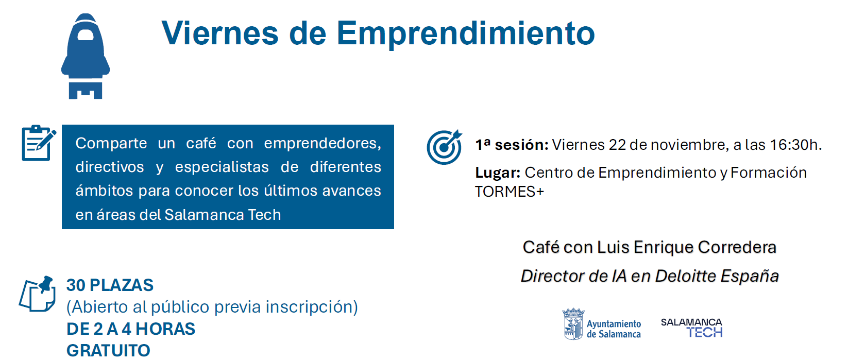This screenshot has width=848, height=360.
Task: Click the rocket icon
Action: tap(86, 56)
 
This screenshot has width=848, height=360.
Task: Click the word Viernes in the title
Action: tap(220, 33)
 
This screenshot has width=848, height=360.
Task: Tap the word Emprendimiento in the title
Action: tap(466, 33)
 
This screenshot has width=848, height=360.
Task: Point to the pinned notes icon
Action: tap(38, 294)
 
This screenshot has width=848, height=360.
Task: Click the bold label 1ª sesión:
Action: tap(512, 145)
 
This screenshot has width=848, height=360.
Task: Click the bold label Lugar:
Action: tap(498, 173)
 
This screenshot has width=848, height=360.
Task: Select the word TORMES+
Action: tap(509, 192)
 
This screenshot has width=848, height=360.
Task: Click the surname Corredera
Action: tap(737, 247)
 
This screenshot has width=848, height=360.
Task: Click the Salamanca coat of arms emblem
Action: tap(573, 323)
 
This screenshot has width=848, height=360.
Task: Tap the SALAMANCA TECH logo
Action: tap(692, 328)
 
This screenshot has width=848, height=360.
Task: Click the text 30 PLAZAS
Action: tap(110, 285)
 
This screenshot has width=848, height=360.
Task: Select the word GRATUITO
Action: tap(108, 351)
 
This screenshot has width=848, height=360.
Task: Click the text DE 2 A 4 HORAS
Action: tap(131, 329)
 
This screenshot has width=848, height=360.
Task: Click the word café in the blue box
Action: tap(201, 143)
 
